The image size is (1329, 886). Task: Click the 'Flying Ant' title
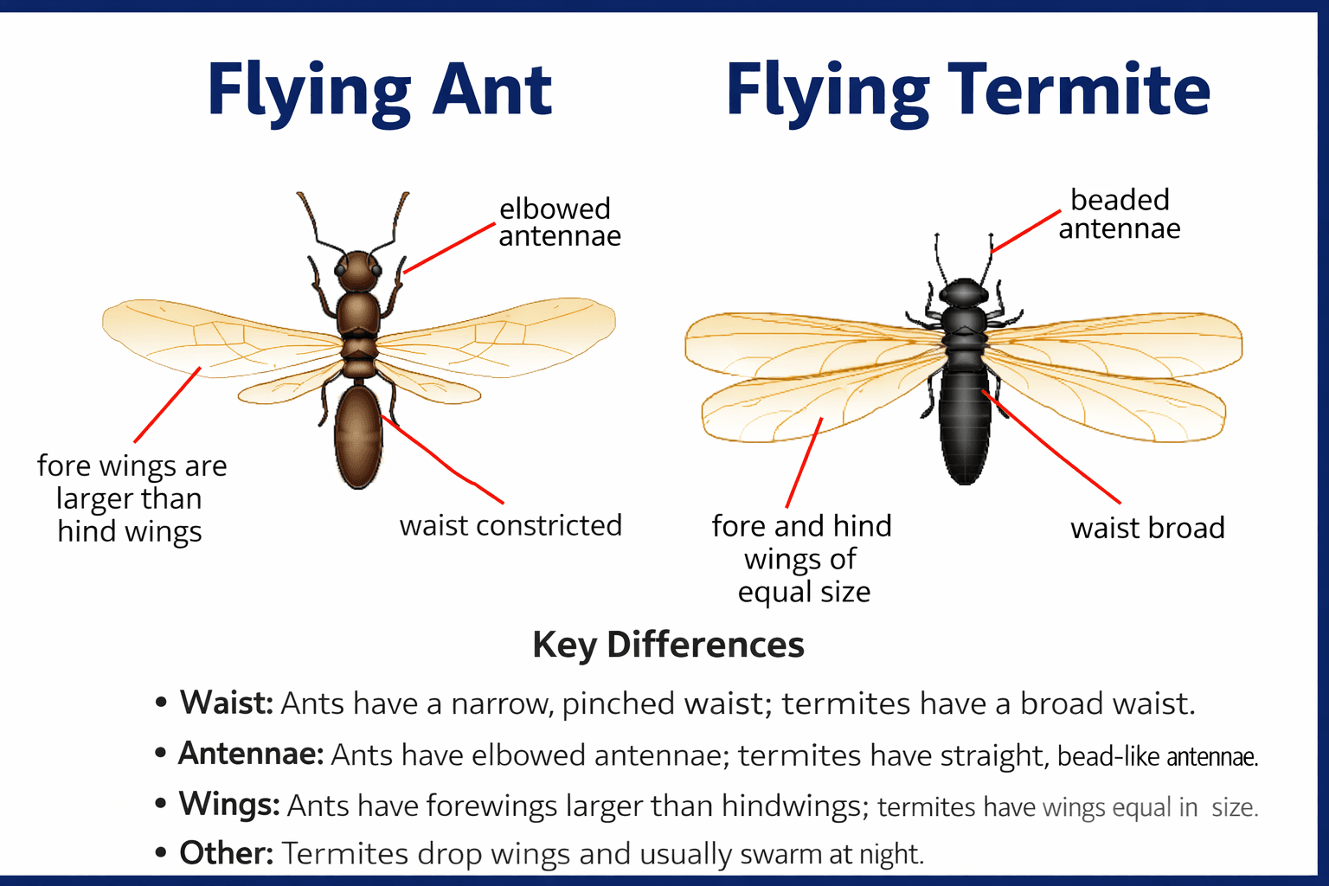click(379, 91)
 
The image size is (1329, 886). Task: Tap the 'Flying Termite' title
click(967, 91)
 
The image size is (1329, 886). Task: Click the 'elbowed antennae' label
click(559, 222)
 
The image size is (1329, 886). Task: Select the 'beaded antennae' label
click(1120, 214)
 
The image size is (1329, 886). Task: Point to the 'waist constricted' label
click(510, 525)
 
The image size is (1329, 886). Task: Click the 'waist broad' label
click(1147, 528)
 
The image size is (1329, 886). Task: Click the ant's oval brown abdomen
click(358, 437)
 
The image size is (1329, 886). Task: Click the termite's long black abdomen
click(964, 424)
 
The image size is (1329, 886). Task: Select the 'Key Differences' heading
click(668, 645)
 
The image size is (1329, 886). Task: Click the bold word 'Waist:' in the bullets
click(227, 703)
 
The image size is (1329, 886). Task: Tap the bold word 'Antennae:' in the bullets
click(251, 754)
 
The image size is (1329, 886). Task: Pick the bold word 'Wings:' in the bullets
click(229, 804)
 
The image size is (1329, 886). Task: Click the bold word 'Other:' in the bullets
click(227, 853)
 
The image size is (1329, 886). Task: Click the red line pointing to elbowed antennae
click(449, 248)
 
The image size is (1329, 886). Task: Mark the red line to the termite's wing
click(804, 463)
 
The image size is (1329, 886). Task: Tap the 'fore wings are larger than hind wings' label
click(132, 498)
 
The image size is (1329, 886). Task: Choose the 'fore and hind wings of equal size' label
click(802, 559)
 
